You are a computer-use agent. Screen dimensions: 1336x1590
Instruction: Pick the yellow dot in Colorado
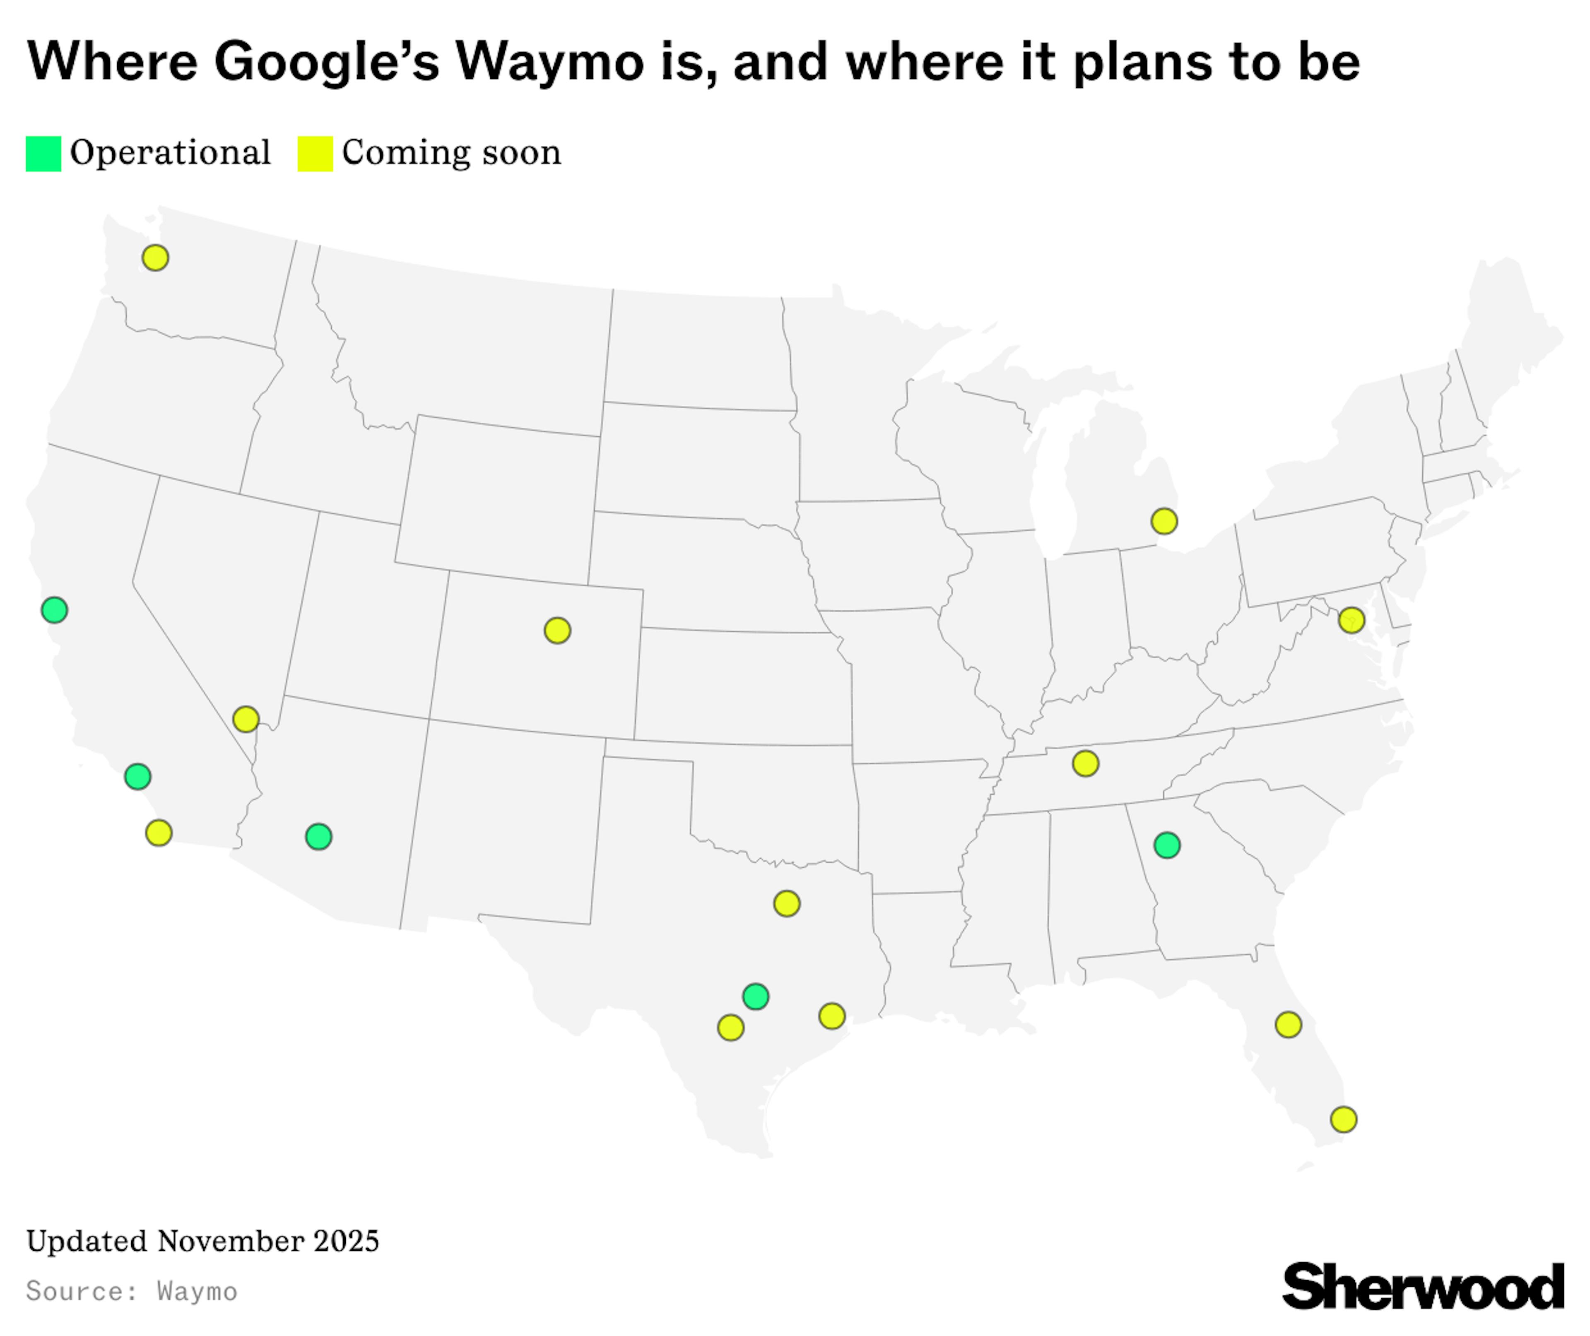click(x=557, y=630)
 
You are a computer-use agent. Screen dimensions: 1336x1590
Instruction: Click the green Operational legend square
click(x=43, y=154)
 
